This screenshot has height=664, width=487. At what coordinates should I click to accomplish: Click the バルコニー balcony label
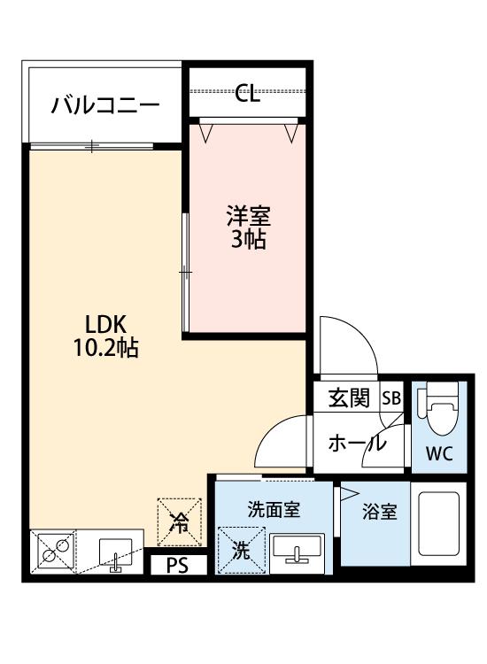105,105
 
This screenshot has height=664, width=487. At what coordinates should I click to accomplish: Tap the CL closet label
247,93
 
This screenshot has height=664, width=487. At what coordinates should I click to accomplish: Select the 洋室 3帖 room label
248,227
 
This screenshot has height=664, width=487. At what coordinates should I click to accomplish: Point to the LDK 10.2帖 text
106,336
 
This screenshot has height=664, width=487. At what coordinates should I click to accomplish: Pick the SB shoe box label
391,398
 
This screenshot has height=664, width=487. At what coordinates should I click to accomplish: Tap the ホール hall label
358,444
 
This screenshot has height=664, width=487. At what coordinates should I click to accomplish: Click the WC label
439,453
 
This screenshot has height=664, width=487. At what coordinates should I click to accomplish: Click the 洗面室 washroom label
274,509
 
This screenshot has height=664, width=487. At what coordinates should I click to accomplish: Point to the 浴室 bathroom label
380,512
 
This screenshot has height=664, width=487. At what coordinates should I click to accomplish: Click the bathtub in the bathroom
438,523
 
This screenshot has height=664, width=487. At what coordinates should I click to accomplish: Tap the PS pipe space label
177,566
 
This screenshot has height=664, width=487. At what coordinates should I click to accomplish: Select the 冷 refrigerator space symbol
179,521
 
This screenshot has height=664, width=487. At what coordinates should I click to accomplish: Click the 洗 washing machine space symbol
242,551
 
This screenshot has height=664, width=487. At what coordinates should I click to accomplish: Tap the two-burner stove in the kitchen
55,551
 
